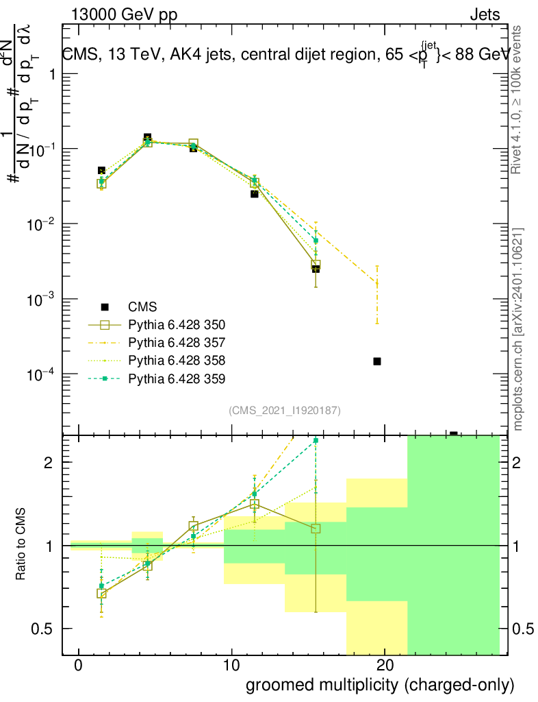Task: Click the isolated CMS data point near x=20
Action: pos(376,361)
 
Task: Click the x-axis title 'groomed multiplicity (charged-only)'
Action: pos(379,685)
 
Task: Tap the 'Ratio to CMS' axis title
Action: pos(22,545)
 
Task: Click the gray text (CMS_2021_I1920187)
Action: pos(285,410)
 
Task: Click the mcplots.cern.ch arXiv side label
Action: pos(517,329)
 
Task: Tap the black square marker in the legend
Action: pos(105,306)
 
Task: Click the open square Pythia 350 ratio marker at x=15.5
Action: pos(316,529)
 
